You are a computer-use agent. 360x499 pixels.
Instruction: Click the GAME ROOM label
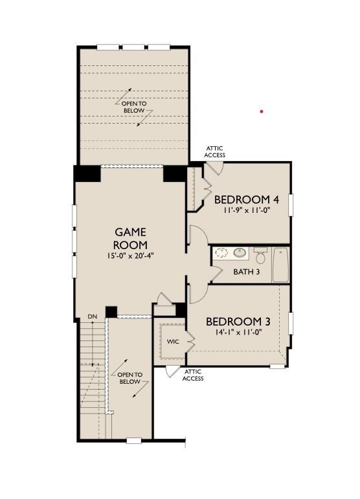click(x=131, y=238)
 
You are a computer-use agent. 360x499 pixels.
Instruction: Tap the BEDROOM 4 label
click(x=247, y=199)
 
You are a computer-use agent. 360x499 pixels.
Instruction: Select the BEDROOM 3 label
click(x=238, y=322)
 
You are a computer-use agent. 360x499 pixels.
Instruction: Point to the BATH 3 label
click(x=246, y=272)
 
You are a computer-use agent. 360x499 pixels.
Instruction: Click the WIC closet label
click(x=173, y=342)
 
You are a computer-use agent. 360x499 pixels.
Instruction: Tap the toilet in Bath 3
click(x=261, y=256)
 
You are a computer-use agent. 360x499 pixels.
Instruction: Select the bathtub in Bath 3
click(x=280, y=265)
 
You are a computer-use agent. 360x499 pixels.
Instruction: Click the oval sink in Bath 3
click(x=240, y=252)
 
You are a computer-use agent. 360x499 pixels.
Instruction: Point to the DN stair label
click(x=93, y=316)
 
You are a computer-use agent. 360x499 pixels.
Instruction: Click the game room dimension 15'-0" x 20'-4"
click(x=131, y=256)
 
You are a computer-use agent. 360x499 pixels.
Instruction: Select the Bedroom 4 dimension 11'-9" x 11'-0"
click(x=247, y=210)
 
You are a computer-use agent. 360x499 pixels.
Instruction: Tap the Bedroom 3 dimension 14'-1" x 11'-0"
click(x=238, y=332)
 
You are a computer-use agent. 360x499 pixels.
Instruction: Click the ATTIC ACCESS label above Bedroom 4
click(x=214, y=152)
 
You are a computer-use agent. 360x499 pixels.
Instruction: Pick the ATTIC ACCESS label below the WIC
click(x=193, y=375)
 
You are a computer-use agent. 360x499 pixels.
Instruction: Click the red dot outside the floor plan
click(x=262, y=111)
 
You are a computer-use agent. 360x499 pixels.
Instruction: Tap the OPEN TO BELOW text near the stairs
click(x=130, y=378)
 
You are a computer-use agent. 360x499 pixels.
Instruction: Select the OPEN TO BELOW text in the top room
click(x=134, y=107)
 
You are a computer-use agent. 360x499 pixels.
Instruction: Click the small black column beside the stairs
click(x=111, y=312)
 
